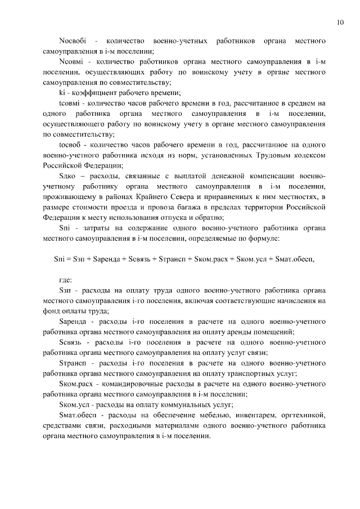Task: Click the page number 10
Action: coord(340,22)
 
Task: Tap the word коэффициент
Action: coord(90,92)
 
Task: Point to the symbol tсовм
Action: coord(70,103)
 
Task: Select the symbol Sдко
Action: coord(67,177)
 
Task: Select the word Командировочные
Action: coord(124,384)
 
